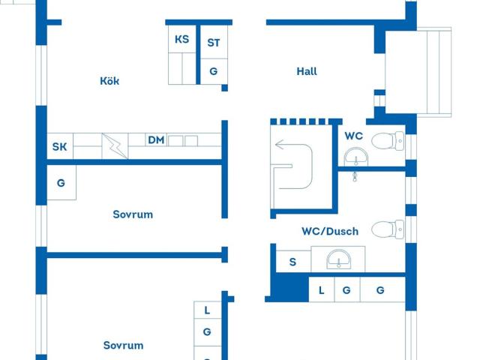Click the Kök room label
click(x=109, y=81)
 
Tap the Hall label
click(x=307, y=71)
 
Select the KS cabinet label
click(x=181, y=39)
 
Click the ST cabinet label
click(x=213, y=43)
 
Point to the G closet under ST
click(x=213, y=71)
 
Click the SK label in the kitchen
click(x=60, y=147)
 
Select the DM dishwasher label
click(x=156, y=140)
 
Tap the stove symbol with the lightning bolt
click(x=115, y=146)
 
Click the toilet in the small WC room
click(x=388, y=141)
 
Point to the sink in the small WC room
click(x=356, y=157)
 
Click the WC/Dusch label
click(x=330, y=231)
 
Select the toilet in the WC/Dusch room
click(x=388, y=229)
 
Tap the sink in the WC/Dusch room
click(x=339, y=259)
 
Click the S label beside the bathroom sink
click(x=293, y=262)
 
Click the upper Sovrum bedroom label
click(x=133, y=214)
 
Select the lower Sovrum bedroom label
click(x=123, y=345)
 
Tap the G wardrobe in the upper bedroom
click(x=61, y=183)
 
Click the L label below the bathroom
click(x=321, y=290)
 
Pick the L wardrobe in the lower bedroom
click(x=207, y=310)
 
